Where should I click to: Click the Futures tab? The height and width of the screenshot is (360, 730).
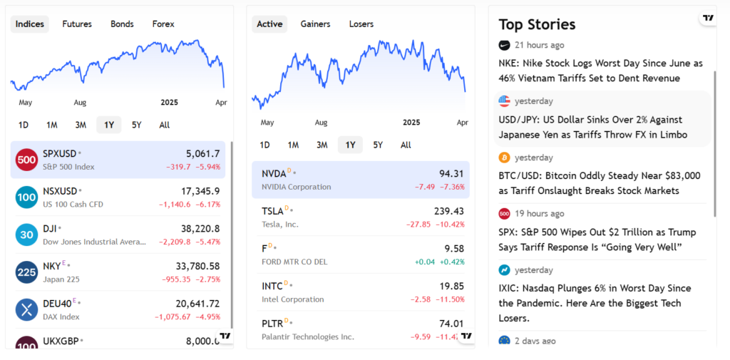[77, 24]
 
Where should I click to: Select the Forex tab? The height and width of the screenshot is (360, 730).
[163, 24]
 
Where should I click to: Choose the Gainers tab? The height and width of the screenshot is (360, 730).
[315, 24]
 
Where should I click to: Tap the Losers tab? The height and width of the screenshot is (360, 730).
[361, 24]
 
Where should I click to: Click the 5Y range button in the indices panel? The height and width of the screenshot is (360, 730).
[137, 125]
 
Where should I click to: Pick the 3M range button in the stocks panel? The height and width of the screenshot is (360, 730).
[322, 145]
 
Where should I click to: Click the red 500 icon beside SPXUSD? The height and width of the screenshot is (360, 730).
[26, 160]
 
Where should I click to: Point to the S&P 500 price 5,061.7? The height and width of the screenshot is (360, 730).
[202, 153]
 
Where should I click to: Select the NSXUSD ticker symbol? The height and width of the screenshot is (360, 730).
[60, 191]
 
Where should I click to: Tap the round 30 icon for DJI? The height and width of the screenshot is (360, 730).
[26, 235]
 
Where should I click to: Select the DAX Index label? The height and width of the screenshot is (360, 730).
[61, 317]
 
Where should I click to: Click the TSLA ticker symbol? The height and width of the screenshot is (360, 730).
[273, 211]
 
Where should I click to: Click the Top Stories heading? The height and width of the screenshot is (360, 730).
[537, 24]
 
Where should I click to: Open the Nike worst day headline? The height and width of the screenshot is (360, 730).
[600, 71]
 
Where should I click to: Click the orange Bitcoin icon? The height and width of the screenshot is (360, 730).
[505, 158]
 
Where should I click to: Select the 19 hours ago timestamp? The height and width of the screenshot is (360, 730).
[540, 214]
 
